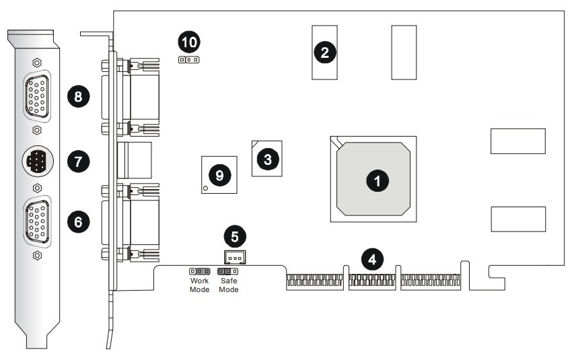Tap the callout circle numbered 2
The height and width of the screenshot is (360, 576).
325,52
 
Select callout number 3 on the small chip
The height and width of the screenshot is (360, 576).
268,159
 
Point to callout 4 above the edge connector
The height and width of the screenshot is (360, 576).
373,258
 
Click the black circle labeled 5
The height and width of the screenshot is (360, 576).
235,236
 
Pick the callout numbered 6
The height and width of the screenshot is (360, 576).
78,221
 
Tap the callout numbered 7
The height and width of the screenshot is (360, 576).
78,161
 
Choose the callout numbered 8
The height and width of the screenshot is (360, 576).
78,97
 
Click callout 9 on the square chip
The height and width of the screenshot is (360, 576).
219,175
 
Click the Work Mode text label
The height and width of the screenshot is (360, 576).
199,285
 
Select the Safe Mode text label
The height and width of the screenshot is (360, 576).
229,285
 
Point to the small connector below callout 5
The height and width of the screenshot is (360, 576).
234,257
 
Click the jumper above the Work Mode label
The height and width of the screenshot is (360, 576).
199,271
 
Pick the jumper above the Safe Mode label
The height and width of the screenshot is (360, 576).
229,271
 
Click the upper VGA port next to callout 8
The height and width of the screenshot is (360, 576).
36,96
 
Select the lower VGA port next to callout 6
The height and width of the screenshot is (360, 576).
36,222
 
